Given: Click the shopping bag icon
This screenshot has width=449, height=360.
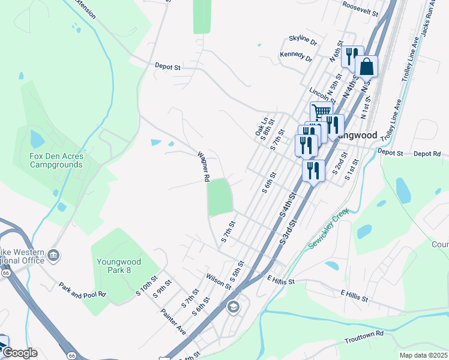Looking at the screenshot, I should [366, 67].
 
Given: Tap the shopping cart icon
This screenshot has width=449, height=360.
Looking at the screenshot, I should [321, 112].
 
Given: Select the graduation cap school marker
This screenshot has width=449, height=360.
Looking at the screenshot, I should [233, 308].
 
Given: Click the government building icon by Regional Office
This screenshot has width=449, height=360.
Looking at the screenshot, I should [54, 256].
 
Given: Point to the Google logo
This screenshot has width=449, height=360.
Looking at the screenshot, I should [19, 353].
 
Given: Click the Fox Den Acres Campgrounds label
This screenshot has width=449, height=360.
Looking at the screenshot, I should [56, 160].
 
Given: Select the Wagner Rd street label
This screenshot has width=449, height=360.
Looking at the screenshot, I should [203, 166].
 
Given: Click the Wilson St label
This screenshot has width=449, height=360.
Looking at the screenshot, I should [218, 281].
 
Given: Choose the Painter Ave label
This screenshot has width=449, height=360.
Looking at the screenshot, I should [173, 322].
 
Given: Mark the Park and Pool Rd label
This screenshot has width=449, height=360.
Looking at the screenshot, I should [82, 290].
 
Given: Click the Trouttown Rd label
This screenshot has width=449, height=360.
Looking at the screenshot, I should [364, 337].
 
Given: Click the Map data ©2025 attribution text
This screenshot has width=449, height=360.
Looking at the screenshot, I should [423, 355].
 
